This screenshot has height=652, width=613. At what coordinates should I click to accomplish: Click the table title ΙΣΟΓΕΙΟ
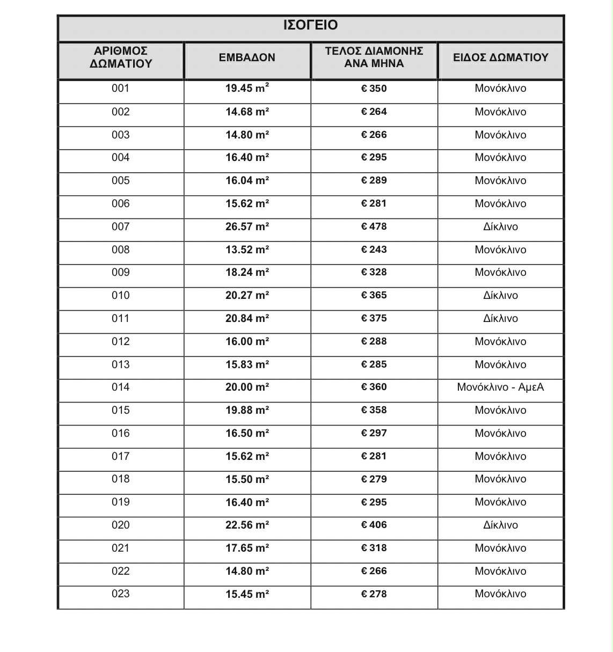click(x=310, y=25)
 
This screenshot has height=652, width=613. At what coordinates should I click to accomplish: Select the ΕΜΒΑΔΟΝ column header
click(x=247, y=57)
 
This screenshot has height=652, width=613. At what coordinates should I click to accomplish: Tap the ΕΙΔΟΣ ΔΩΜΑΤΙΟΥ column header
click(x=500, y=57)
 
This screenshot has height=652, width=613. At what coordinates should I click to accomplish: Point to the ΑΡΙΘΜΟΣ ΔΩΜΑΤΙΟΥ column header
click(x=121, y=57)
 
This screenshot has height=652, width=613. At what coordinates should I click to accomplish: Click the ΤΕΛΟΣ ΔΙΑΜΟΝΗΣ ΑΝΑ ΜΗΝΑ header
click(x=374, y=57)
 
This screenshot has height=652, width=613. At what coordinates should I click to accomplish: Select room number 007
click(x=121, y=226)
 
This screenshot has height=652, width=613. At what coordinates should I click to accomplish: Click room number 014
click(x=121, y=387)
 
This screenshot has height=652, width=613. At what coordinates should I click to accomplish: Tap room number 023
click(x=121, y=594)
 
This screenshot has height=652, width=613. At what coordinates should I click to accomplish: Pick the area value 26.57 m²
click(x=247, y=226)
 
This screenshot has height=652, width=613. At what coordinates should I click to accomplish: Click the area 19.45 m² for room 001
click(x=247, y=89)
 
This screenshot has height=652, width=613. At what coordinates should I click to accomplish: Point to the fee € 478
click(x=374, y=226)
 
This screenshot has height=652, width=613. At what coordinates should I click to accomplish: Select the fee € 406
click(x=374, y=525)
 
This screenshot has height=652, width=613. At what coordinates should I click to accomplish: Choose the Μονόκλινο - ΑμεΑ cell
click(x=500, y=387)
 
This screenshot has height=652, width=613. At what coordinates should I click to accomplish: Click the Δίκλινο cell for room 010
click(x=500, y=295)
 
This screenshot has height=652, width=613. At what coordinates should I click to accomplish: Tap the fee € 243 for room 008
click(x=374, y=250)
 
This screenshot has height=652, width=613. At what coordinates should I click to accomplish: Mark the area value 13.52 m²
click(x=247, y=250)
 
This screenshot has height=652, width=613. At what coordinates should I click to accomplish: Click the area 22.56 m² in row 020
click(x=247, y=525)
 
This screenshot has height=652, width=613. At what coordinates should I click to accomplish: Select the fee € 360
click(x=374, y=387)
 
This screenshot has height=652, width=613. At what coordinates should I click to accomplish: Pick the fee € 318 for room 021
click(x=374, y=548)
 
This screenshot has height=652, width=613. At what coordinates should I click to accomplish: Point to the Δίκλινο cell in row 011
click(x=500, y=318)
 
